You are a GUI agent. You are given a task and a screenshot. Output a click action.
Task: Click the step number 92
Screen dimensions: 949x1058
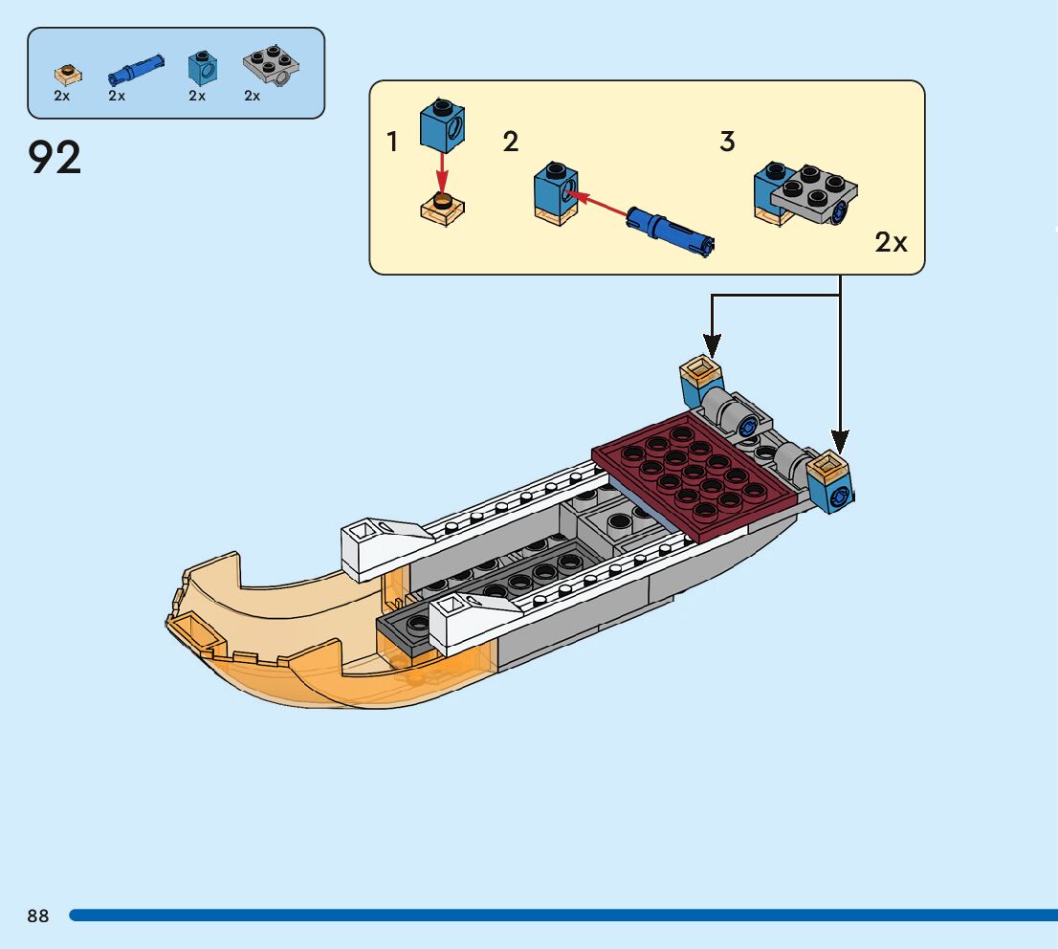click(x=55, y=158)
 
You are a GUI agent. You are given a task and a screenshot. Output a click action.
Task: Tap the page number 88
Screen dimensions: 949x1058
click(x=38, y=916)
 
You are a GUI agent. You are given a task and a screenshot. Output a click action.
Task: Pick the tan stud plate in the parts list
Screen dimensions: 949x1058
click(x=66, y=73)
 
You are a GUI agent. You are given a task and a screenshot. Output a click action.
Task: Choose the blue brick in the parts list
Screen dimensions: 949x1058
click(x=201, y=67)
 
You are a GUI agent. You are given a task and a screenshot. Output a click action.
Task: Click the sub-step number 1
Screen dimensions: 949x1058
click(x=392, y=143)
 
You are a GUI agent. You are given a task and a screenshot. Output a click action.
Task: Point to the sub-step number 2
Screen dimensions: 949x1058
click(x=511, y=143)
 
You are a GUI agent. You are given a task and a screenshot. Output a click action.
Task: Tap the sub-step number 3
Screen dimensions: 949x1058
click(x=727, y=143)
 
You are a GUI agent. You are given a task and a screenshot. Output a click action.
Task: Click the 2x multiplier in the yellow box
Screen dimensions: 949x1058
click(x=891, y=243)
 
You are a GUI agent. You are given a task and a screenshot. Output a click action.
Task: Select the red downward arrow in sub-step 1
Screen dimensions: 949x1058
click(x=442, y=172)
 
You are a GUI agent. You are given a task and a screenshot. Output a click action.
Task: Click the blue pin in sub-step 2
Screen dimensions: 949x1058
click(x=670, y=231)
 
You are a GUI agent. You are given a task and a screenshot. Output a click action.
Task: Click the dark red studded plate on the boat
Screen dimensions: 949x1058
click(x=695, y=470)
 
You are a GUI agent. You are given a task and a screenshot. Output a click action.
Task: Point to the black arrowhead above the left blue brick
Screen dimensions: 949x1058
click(x=710, y=343)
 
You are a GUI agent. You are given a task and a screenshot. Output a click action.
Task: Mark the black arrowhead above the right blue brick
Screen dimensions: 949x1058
click(x=839, y=441)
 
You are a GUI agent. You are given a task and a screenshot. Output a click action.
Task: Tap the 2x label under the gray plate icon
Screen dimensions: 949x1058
click(x=253, y=96)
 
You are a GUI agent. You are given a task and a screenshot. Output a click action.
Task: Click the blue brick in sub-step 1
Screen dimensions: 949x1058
click(x=442, y=125)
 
